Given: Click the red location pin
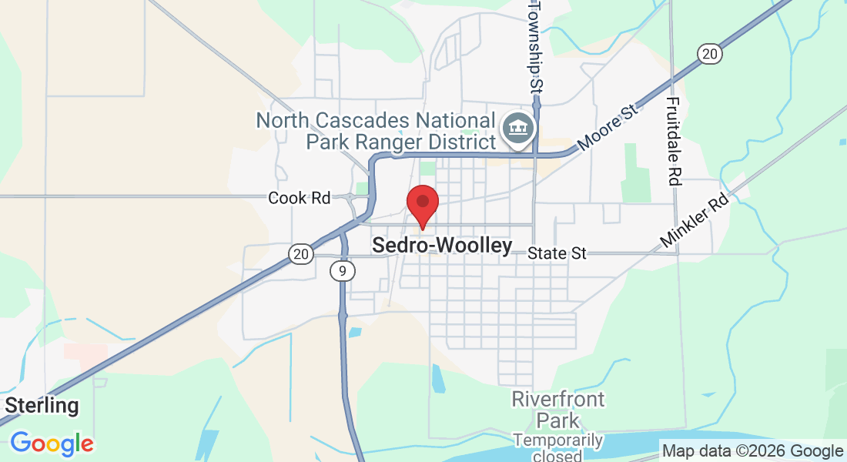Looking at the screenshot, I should click(423, 205).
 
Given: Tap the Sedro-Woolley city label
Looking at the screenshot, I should click(442, 246).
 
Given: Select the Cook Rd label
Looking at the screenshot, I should click(299, 199).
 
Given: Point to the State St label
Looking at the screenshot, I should click(557, 253).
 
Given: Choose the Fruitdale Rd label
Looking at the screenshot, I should click(674, 141).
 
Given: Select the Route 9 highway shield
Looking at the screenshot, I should click(342, 270).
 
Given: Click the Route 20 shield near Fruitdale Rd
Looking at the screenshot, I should click(709, 53).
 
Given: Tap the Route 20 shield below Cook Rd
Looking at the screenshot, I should click(301, 253).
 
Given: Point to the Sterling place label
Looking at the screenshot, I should click(42, 406).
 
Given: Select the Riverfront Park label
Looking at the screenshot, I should click(558, 410).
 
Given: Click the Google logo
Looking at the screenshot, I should click(52, 444).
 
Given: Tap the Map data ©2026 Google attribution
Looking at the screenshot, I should click(752, 451).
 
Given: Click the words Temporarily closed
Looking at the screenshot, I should click(558, 448).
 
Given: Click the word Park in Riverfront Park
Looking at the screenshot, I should click(558, 420).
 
